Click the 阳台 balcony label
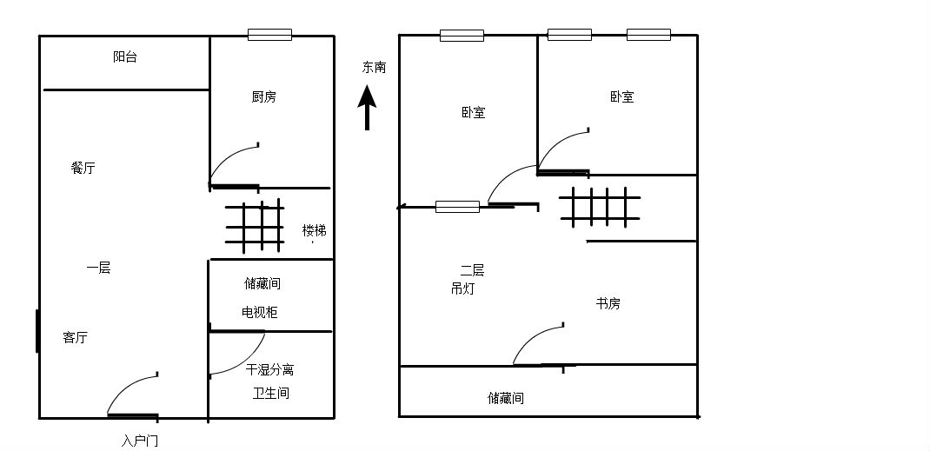(x=125, y=56)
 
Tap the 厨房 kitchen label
(x=263, y=96)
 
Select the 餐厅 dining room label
(x=83, y=168)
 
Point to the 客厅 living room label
(x=76, y=337)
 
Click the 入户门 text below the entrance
(x=140, y=441)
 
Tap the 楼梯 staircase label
(x=315, y=230)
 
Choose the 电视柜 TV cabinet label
(x=259, y=312)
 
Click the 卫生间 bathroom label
(x=271, y=393)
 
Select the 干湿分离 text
(x=269, y=370)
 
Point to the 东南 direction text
(x=375, y=68)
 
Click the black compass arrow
(x=367, y=107)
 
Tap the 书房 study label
(x=608, y=303)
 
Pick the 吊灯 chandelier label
(x=462, y=289)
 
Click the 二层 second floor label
(x=472, y=271)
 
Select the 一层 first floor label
(x=98, y=268)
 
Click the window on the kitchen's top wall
(x=269, y=35)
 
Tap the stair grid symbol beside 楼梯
(x=255, y=227)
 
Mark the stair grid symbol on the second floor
(x=601, y=207)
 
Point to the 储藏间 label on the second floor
(x=505, y=398)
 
